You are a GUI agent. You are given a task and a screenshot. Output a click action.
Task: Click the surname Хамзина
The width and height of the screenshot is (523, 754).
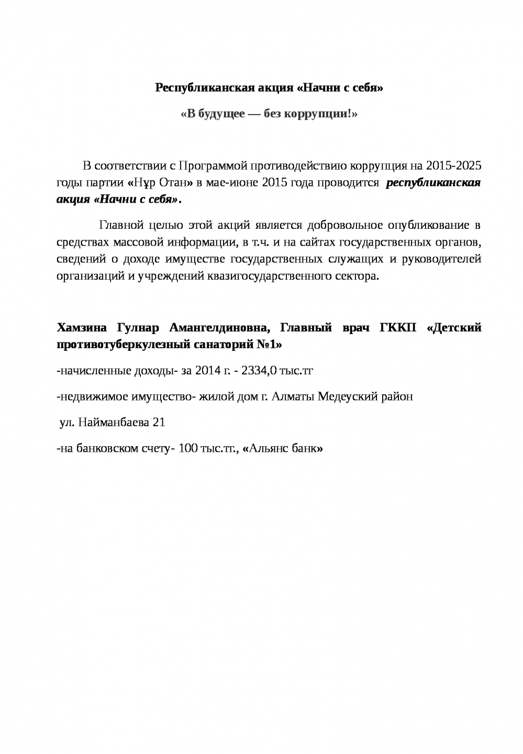tap(81, 328)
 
